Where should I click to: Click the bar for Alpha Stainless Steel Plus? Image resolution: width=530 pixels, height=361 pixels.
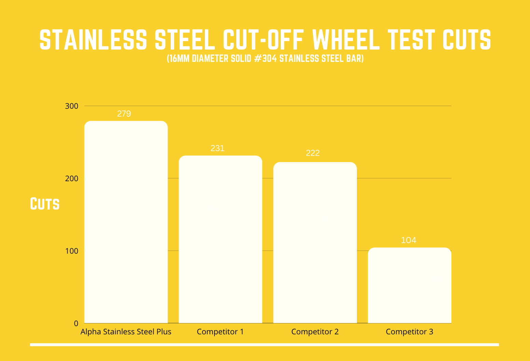[126, 222]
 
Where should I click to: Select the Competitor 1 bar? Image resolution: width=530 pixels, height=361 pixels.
[220, 239]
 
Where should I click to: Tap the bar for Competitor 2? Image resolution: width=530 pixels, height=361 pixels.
[315, 243]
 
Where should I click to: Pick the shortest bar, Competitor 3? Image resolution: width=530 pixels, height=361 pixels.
[409, 285]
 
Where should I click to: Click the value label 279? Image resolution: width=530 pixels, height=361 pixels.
[124, 114]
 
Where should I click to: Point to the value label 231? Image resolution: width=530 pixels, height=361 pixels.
[218, 148]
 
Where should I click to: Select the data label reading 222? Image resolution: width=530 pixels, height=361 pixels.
[313, 153]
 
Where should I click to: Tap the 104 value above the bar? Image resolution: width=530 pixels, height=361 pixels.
[408, 240]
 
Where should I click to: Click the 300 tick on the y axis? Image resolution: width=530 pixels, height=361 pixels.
[72, 106]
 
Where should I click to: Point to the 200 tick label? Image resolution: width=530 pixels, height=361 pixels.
[72, 178]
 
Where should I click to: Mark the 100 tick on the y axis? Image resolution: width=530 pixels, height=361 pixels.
[72, 251]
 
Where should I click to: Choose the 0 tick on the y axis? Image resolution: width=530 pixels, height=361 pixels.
[76, 323]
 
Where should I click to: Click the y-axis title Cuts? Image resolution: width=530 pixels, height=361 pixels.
[45, 204]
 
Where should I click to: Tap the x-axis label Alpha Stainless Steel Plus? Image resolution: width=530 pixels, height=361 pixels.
[126, 332]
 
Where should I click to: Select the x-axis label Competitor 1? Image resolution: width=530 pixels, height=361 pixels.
[220, 332]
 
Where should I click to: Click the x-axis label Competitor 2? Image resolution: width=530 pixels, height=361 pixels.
[315, 332]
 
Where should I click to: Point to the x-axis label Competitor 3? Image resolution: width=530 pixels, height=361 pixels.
[409, 332]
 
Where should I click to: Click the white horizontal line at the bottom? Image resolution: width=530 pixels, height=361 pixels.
[265, 345]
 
